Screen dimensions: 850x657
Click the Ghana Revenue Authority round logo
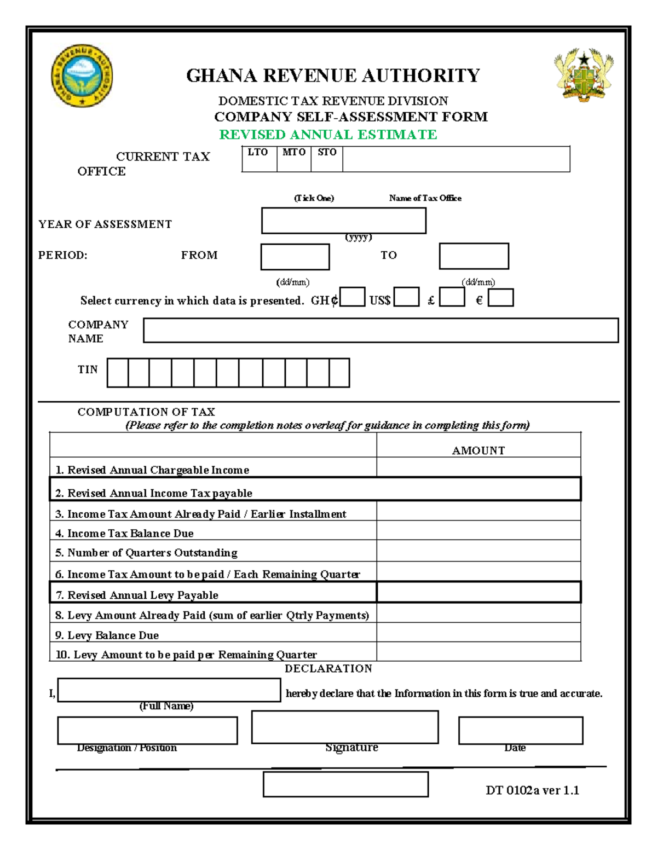(x=82, y=76)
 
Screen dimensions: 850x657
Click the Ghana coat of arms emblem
(x=584, y=75)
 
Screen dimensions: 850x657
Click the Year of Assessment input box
(x=343, y=221)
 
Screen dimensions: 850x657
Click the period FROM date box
(x=295, y=257)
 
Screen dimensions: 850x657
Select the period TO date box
(x=474, y=256)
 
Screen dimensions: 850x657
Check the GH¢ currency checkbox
(x=352, y=297)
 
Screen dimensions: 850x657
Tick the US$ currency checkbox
(x=406, y=297)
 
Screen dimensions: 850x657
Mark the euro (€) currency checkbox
(x=500, y=297)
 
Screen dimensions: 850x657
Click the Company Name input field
(x=381, y=331)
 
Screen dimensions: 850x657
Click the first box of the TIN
(x=118, y=373)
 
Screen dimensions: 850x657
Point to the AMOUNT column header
(x=478, y=450)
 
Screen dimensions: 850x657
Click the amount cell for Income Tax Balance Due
(x=478, y=530)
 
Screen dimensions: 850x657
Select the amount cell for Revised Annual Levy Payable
(x=478, y=592)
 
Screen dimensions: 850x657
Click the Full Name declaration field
(x=169, y=690)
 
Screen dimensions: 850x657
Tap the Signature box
(x=345, y=727)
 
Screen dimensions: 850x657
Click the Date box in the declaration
(x=520, y=731)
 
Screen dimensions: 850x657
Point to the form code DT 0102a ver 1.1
(x=532, y=790)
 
